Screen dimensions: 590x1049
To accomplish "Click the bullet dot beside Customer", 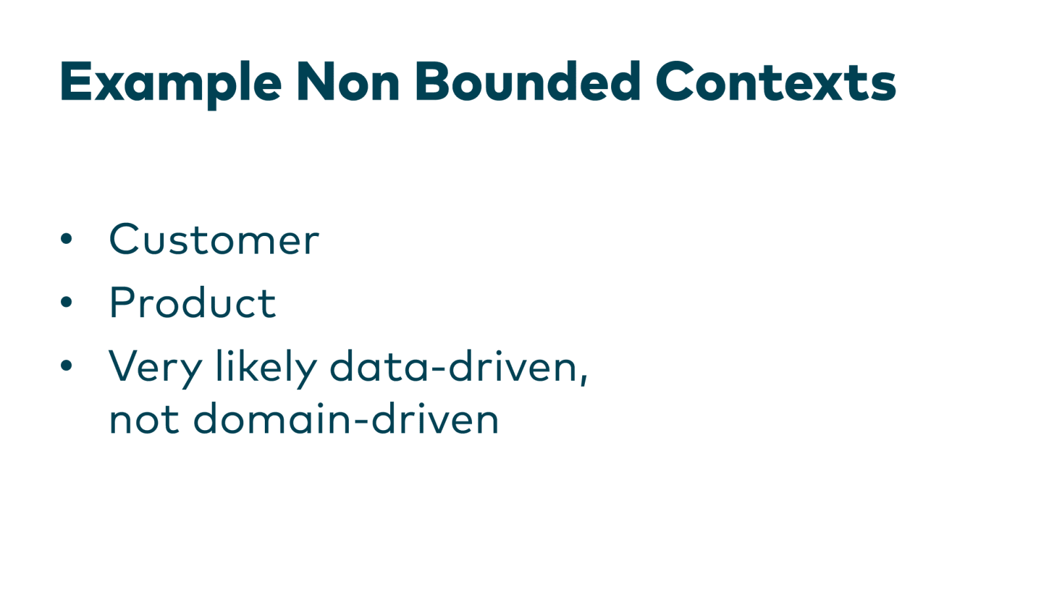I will tap(66, 239).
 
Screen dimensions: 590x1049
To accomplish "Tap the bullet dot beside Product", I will tap(66, 302).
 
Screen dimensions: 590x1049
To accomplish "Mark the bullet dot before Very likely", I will tap(66, 365).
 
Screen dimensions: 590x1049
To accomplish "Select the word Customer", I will tap(214, 239).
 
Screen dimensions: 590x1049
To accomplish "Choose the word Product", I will tap(192, 303).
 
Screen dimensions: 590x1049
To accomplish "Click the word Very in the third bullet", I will tap(155, 367).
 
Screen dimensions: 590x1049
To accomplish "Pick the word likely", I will tap(266, 367).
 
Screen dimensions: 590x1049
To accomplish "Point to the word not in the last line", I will tap(144, 420).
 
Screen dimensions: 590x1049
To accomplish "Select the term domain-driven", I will tap(346, 419).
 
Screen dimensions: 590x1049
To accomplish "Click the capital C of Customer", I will tap(126, 239).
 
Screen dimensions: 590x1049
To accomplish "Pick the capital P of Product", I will tap(122, 303).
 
